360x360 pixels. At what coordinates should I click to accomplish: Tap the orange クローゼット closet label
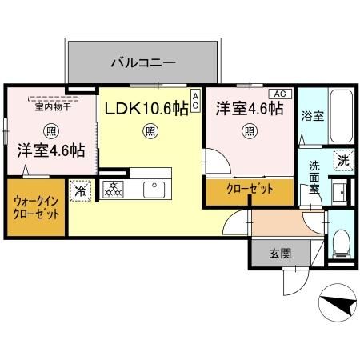(249, 190)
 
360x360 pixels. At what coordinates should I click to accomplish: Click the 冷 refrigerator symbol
(81, 190)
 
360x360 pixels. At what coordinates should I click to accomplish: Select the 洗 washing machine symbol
(342, 160)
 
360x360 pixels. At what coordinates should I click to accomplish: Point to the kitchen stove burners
(114, 190)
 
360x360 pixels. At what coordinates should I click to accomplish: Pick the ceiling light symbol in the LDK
(148, 131)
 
